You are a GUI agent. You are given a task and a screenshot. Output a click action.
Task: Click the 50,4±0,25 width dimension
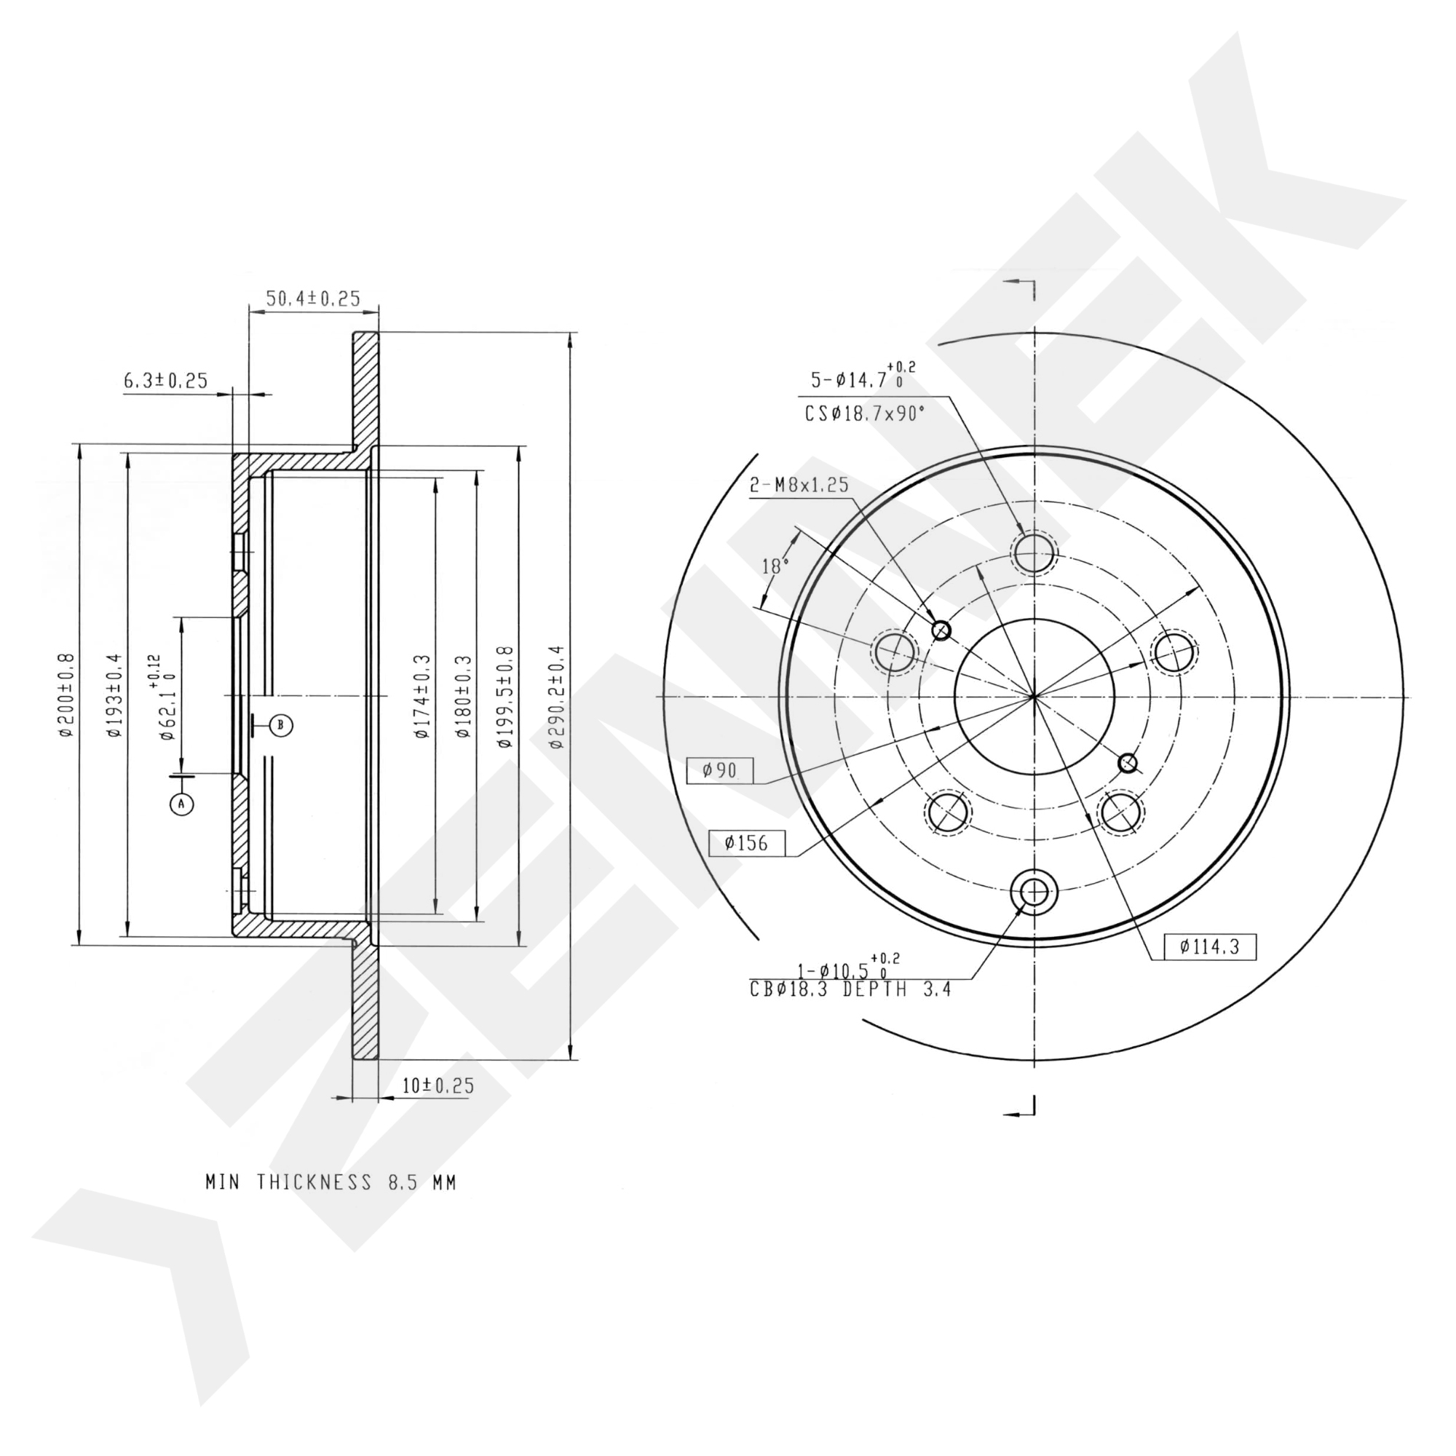(313, 298)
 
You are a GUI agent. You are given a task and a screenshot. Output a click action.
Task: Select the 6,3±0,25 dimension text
(165, 381)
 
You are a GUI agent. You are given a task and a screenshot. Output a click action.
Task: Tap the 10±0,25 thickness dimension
(438, 1086)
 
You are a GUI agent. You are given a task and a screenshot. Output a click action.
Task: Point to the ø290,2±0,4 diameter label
(556, 697)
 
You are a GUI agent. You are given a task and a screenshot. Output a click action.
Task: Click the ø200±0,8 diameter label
(66, 695)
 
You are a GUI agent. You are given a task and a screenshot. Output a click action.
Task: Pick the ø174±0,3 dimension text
(422, 697)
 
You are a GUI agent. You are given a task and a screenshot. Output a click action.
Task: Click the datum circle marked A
(181, 804)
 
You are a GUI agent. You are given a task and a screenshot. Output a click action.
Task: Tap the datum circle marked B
(280, 726)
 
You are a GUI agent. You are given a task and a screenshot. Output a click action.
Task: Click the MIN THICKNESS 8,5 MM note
(331, 1182)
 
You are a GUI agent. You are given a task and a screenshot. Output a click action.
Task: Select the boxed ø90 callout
(719, 770)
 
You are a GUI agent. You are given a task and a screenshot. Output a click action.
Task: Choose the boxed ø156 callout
(746, 842)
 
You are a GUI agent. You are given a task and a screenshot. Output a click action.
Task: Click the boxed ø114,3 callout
(1209, 946)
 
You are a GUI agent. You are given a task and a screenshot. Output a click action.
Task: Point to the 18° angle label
(774, 566)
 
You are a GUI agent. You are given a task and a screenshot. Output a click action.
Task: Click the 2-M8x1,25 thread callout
(799, 485)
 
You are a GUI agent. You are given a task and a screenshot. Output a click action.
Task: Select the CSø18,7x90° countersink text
(864, 413)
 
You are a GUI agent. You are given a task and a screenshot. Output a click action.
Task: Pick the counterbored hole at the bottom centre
(1034, 893)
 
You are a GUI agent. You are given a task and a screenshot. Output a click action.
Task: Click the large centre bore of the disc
(1034, 697)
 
